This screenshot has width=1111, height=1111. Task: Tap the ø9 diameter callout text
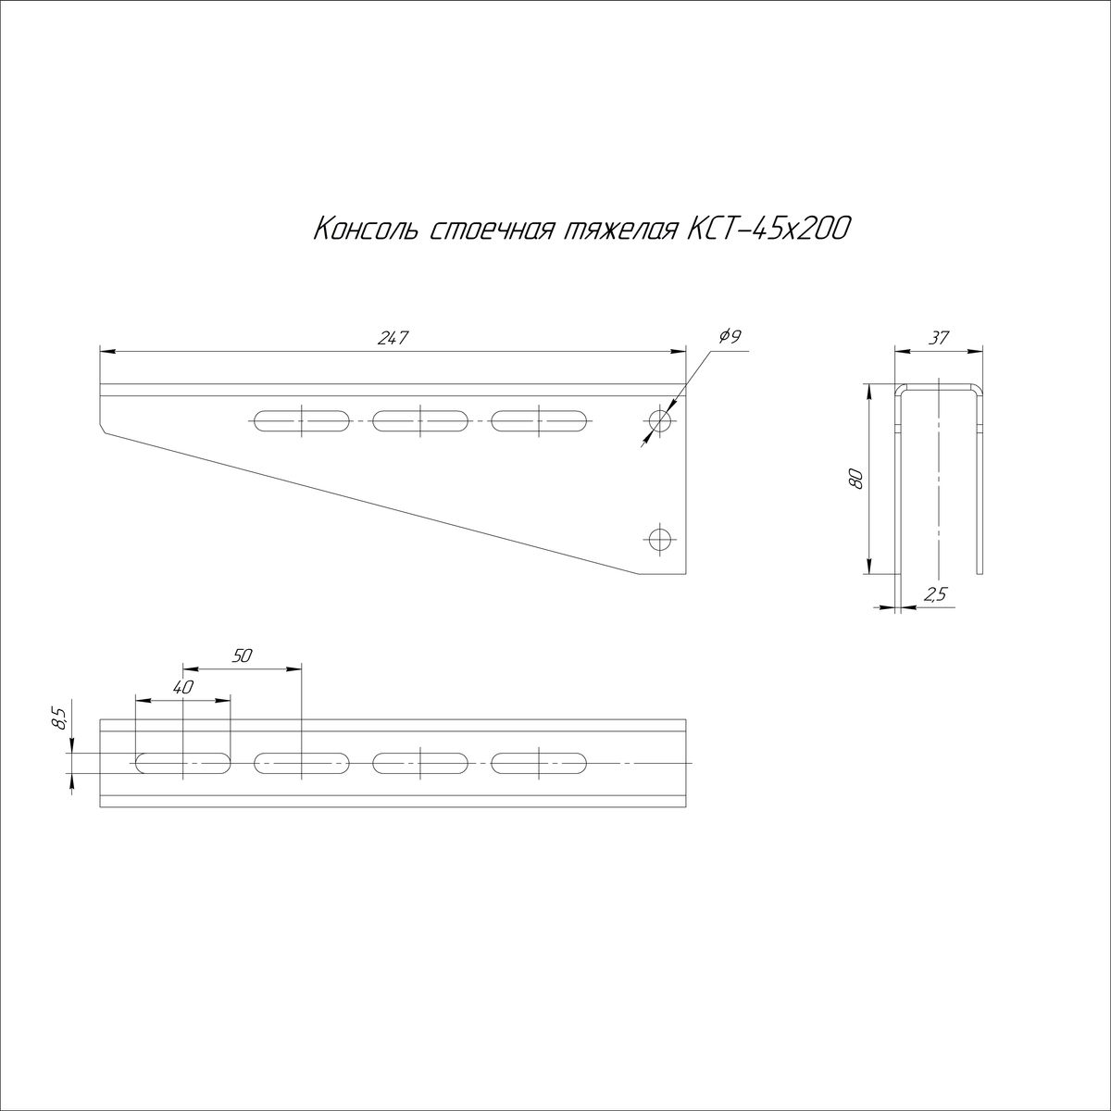click(730, 336)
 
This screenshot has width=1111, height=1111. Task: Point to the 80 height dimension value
click(856, 479)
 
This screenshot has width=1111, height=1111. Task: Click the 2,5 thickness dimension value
click(934, 594)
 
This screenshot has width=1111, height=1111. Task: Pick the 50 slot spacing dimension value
click(243, 655)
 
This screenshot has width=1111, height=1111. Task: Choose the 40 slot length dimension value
click(183, 687)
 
